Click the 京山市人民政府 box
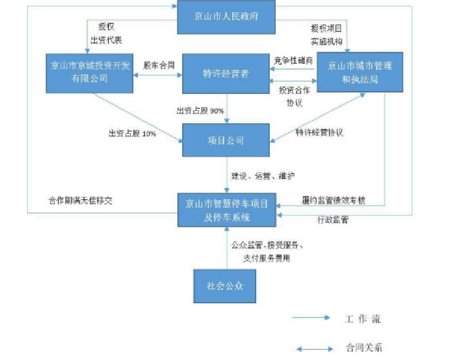[226, 16]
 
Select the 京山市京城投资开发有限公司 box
[89, 72]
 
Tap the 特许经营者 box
[226, 73]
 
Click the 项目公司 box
[226, 140]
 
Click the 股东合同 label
[159, 65]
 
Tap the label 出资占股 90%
[200, 111]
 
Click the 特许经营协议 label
[319, 132]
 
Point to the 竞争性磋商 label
[294, 61]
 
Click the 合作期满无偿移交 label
[80, 201]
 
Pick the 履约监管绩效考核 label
[334, 201]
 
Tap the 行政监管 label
[333, 220]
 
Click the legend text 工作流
[362, 319]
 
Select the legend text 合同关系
[364, 348]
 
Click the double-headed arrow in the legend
[315, 349]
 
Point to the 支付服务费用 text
[267, 259]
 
